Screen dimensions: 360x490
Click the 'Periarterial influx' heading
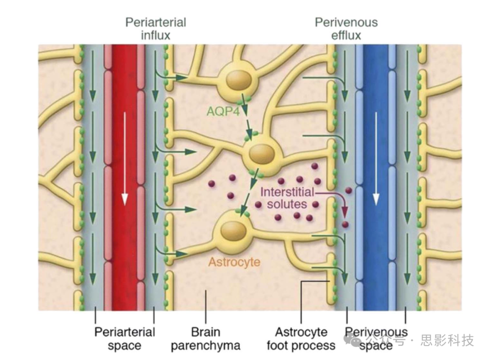tap(156, 28)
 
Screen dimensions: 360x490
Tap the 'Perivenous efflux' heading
tap(346, 28)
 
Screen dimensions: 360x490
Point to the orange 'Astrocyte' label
tap(234, 262)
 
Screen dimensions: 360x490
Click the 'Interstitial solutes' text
tap(287, 198)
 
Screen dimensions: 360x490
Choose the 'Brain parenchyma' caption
tap(205, 339)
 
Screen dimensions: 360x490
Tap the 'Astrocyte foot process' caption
tap(301, 339)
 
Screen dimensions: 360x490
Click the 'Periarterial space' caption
tap(124, 339)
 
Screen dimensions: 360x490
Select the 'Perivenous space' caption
tap(376, 339)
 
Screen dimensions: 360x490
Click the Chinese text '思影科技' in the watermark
tap(447, 340)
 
